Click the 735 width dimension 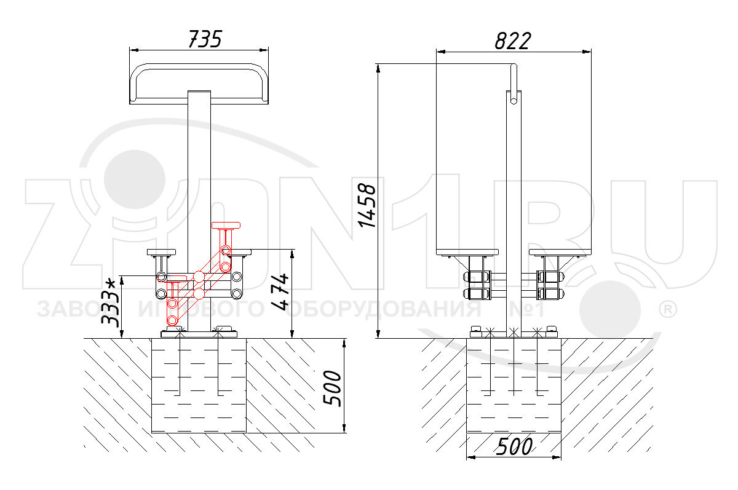(x=205, y=39)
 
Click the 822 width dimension (x=513, y=41)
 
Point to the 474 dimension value (x=280, y=292)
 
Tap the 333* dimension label (x=109, y=302)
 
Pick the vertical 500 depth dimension (x=331, y=389)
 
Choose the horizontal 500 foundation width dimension (x=514, y=446)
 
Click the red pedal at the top (x=226, y=225)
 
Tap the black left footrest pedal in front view (x=161, y=252)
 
